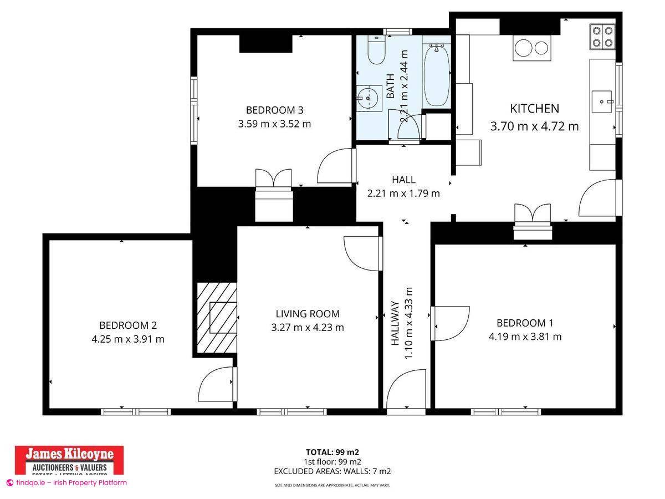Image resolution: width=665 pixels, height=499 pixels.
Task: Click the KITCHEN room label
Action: pos(534,109)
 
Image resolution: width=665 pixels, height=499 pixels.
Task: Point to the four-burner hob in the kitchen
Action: pos(602,36)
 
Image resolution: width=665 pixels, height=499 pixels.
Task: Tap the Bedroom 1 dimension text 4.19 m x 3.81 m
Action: pos(525,337)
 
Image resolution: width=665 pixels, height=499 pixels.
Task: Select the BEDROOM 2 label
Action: pos(124,325)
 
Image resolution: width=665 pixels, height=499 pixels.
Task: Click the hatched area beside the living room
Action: pos(217,316)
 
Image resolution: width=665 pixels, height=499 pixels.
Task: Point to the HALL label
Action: pos(403,180)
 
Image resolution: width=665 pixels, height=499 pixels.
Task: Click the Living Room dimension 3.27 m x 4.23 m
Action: pos(307,328)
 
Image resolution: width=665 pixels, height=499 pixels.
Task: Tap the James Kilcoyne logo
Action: pos(69,460)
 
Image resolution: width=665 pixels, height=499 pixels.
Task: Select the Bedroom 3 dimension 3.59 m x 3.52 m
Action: pos(274,124)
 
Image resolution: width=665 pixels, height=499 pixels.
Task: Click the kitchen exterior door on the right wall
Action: pos(598,198)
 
